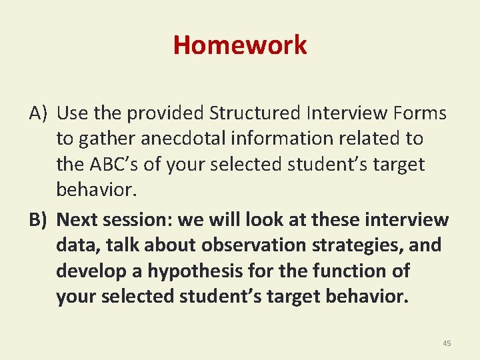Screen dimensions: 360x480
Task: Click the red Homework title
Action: [240, 45]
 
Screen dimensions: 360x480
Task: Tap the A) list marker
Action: [38, 114]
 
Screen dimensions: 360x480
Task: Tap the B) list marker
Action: [38, 220]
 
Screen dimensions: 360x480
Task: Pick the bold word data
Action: [77, 245]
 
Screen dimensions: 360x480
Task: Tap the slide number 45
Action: [447, 343]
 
